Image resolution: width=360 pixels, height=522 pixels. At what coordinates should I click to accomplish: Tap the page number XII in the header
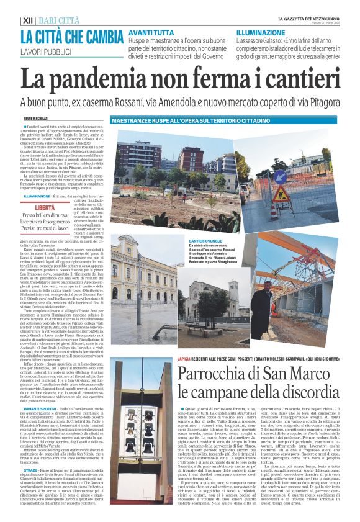click(27, 20)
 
